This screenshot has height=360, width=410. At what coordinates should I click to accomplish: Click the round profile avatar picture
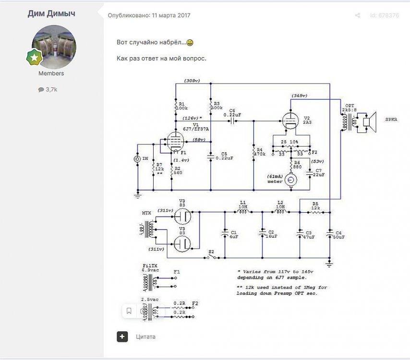pos(53,47)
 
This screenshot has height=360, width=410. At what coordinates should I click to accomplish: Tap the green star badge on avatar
pos(35,58)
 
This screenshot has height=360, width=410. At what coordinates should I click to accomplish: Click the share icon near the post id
pos(357,15)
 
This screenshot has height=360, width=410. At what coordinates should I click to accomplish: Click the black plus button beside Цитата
pos(122,336)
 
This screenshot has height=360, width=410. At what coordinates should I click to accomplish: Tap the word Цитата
pos(145,337)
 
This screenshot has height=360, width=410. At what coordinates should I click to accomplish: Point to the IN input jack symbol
pos(137,158)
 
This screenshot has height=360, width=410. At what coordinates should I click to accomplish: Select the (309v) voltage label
pos(192,81)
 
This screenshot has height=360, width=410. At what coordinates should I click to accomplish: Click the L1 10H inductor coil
pos(243,211)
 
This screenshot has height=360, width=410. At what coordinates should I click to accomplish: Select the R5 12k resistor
pos(315,211)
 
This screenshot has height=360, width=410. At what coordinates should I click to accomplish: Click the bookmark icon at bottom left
pos(129,311)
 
